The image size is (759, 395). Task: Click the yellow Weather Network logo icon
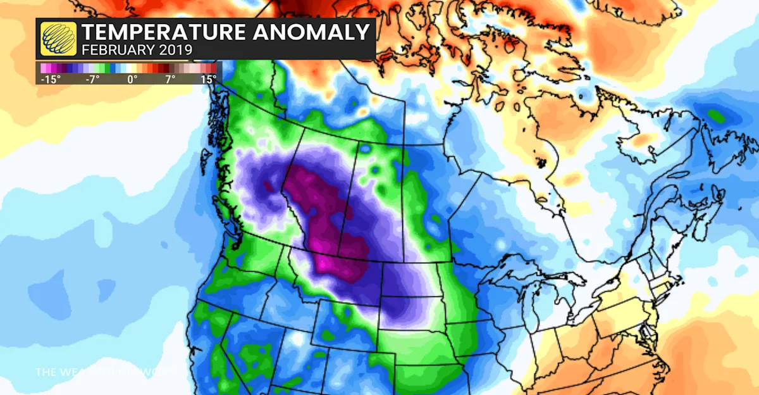tap(59, 39)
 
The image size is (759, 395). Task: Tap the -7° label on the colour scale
tap(92, 79)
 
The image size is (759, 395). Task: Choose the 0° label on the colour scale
tap(132, 79)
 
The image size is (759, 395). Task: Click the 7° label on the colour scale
tap(170, 79)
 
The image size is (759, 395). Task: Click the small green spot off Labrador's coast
tap(716, 116)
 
